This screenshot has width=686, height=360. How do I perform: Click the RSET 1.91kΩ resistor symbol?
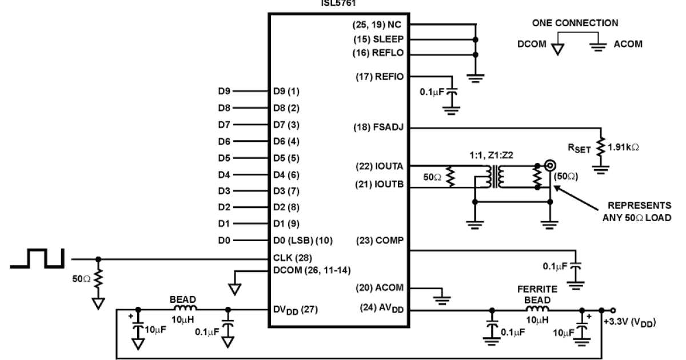point(601,147)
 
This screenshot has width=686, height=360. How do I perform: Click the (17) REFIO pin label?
point(378,75)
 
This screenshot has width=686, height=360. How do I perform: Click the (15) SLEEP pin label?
point(378,40)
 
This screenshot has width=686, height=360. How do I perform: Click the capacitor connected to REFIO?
point(452,90)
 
